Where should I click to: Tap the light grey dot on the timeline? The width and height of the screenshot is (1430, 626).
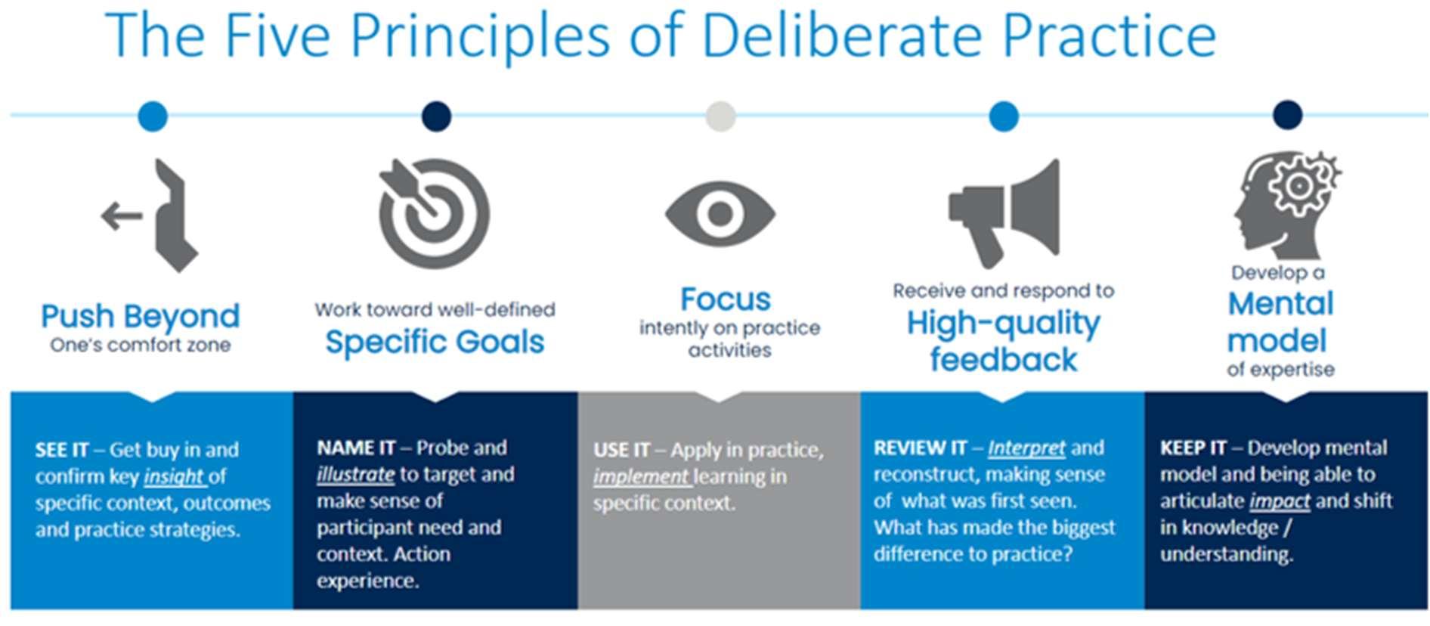pyautogui.click(x=720, y=116)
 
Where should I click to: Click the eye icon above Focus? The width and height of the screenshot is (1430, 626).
pyautogui.click(x=720, y=214)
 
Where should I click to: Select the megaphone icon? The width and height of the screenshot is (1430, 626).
pyautogui.click(x=1004, y=213)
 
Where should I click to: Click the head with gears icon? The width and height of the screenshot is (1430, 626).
pyautogui.click(x=1288, y=206)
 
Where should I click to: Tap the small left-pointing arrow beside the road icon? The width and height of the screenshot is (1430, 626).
pyautogui.click(x=122, y=215)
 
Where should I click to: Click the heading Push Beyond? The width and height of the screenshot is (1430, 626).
pyautogui.click(x=141, y=316)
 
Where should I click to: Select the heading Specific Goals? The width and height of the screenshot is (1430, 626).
pyautogui.click(x=435, y=342)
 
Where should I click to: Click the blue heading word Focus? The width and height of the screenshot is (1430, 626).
pyautogui.click(x=726, y=299)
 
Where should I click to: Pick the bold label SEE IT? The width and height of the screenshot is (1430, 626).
pyautogui.click(x=62, y=450)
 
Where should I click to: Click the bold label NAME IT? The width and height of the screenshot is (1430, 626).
pyautogui.click(x=356, y=448)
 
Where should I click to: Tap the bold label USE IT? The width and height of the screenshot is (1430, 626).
pyautogui.click(x=621, y=450)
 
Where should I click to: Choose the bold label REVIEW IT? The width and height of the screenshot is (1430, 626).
pyautogui.click(x=920, y=448)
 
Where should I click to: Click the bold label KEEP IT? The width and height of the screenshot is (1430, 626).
pyautogui.click(x=1193, y=448)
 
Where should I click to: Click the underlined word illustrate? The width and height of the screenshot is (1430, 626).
pyautogui.click(x=355, y=475)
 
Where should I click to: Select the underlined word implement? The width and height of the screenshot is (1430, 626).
pyautogui.click(x=641, y=477)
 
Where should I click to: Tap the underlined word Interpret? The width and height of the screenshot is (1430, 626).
pyautogui.click(x=1026, y=448)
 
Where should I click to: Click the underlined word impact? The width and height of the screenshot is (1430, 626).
pyautogui.click(x=1280, y=501)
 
